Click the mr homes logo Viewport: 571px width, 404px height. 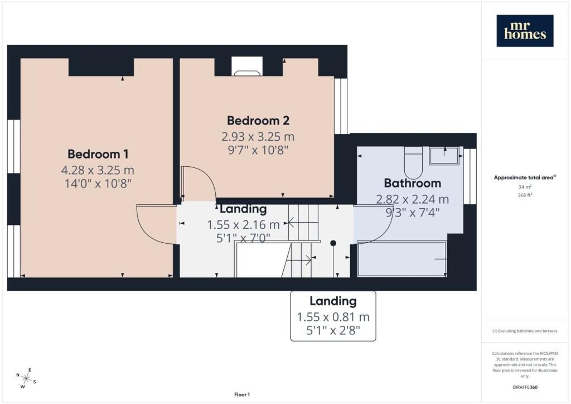tap(525, 31)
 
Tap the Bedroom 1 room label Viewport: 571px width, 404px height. tap(98, 154)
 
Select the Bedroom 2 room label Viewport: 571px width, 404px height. tap(258, 121)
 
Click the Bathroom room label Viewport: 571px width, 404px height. tap(412, 183)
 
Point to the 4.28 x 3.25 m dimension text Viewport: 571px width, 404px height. tap(98, 170)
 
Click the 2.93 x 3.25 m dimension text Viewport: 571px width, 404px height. tap(258, 137)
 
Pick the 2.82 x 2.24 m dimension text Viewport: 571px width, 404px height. tap(412, 199)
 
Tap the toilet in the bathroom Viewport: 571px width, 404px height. tap(413, 162)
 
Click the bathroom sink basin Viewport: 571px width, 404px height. tap(444, 156)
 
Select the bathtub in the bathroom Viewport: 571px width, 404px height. tap(402, 259)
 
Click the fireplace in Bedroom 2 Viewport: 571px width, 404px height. tap(247, 66)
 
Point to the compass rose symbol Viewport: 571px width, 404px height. tap(26, 378)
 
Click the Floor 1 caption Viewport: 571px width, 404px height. tap(242, 395)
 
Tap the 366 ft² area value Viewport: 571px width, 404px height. tap(525, 195)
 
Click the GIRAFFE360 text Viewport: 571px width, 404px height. tap(525, 387)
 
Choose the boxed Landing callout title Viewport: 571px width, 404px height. tap(333, 301)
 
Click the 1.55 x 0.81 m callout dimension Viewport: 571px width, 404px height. tap(333, 317)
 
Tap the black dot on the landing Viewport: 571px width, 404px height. tap(333, 243)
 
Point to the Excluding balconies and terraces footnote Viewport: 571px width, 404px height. tap(525, 331)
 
